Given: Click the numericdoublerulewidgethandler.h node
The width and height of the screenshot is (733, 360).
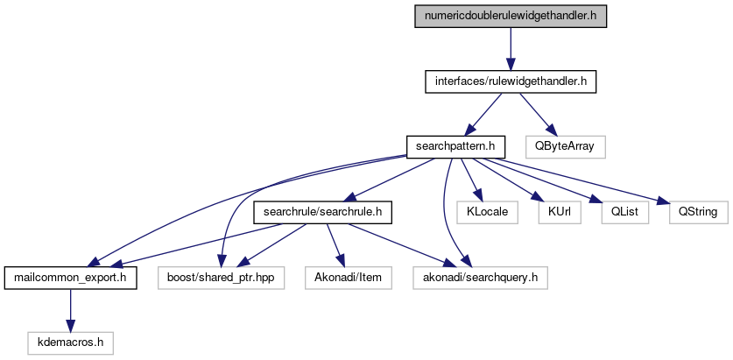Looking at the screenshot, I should pos(511,16).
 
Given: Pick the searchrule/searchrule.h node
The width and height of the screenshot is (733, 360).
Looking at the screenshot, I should pos(321,212).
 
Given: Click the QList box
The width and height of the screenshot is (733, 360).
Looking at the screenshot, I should pos(617,212).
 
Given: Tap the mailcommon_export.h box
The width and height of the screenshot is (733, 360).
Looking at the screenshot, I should pos(70,279).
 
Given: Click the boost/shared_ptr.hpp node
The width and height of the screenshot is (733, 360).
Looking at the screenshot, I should pos(222,279).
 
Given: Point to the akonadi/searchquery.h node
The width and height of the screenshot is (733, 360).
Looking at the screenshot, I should pos(480,279).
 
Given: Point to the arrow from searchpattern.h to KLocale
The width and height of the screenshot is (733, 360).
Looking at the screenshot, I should pos(470,179).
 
